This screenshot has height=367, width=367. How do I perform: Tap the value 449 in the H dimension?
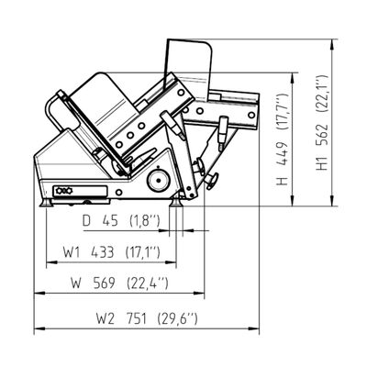click(x=282, y=153)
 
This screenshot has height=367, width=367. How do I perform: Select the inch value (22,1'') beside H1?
click(x=322, y=95)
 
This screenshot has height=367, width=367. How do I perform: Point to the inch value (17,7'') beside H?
click(x=282, y=113)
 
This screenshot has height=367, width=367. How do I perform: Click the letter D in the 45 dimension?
click(x=87, y=220)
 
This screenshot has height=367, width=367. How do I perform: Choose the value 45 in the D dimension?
click(x=110, y=220)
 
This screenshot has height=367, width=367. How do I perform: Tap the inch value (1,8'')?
click(x=145, y=220)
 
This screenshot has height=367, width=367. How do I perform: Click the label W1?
click(x=72, y=252)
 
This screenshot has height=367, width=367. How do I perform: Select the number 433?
click(x=103, y=252)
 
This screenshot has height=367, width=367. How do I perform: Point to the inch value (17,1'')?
click(x=143, y=252)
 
